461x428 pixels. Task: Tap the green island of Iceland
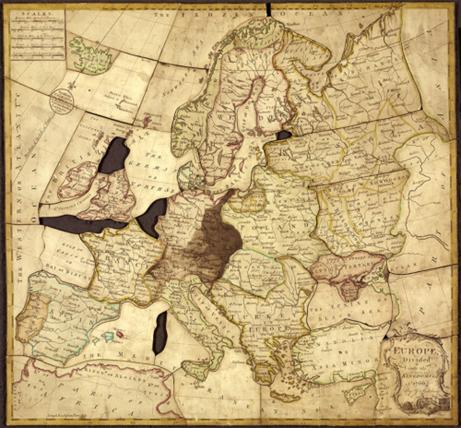[x=90, y=55]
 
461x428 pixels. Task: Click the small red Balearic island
[x=119, y=333]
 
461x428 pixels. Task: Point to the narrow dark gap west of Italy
[x=160, y=333]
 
